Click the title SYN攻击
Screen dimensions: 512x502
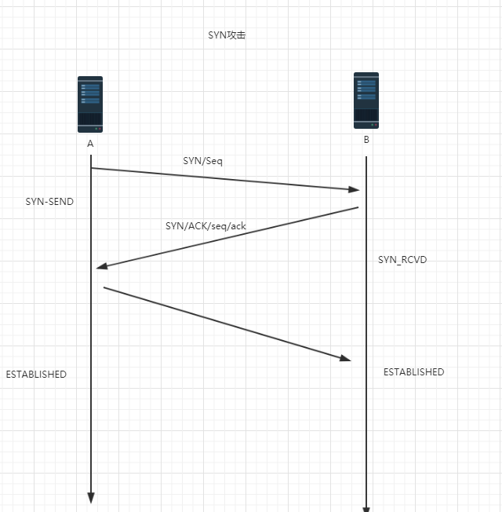(x=227, y=35)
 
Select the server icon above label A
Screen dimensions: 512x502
(x=90, y=104)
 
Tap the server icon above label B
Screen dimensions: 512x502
(x=366, y=101)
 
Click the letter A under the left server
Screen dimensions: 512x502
(x=90, y=144)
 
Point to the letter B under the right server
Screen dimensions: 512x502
(x=366, y=141)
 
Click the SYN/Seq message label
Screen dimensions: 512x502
(x=203, y=160)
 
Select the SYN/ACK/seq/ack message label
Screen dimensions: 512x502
(x=206, y=226)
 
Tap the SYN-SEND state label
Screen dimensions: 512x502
(x=49, y=202)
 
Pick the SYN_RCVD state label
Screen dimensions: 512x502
(x=402, y=260)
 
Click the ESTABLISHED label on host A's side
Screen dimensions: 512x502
(x=36, y=375)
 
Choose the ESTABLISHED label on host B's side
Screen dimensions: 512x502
(x=413, y=372)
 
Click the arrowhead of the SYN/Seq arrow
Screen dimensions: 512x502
(x=355, y=189)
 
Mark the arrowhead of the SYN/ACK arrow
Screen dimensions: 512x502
(x=101, y=267)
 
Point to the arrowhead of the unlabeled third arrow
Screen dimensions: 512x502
(x=346, y=358)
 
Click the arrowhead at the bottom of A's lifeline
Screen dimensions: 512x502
(x=90, y=498)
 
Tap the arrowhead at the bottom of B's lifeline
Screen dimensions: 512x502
(x=366, y=507)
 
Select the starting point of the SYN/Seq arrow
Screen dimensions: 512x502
(x=92, y=168)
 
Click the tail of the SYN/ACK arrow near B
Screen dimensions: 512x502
(x=358, y=208)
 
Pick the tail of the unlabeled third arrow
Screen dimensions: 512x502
(x=104, y=287)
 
